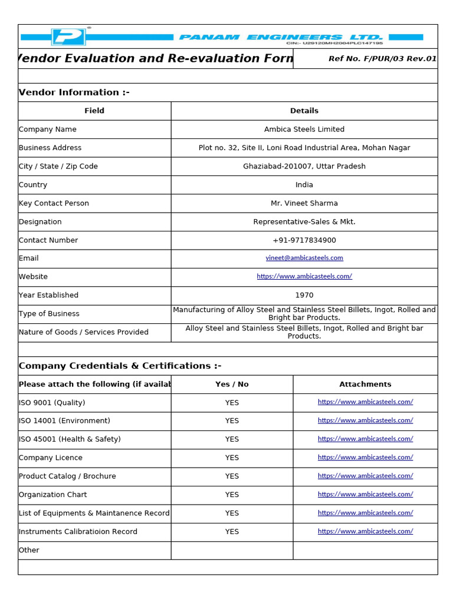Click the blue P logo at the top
(x=68, y=37)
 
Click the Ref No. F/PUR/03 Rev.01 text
(x=382, y=59)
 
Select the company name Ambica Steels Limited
(x=304, y=130)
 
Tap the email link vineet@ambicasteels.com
(x=304, y=258)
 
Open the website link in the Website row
(x=304, y=277)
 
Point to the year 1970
(x=304, y=295)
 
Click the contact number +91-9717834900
(x=304, y=240)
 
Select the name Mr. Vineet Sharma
(x=304, y=203)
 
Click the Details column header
(x=304, y=111)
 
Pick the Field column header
(x=94, y=111)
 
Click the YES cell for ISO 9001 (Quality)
(x=232, y=403)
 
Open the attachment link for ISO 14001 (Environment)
(x=365, y=420)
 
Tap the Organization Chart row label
(x=53, y=495)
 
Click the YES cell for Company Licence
(x=232, y=458)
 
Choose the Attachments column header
(x=365, y=384)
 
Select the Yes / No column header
(x=232, y=384)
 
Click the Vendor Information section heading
(x=74, y=92)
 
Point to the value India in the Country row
(x=304, y=185)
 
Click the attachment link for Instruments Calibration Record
(x=365, y=531)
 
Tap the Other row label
(x=29, y=550)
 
